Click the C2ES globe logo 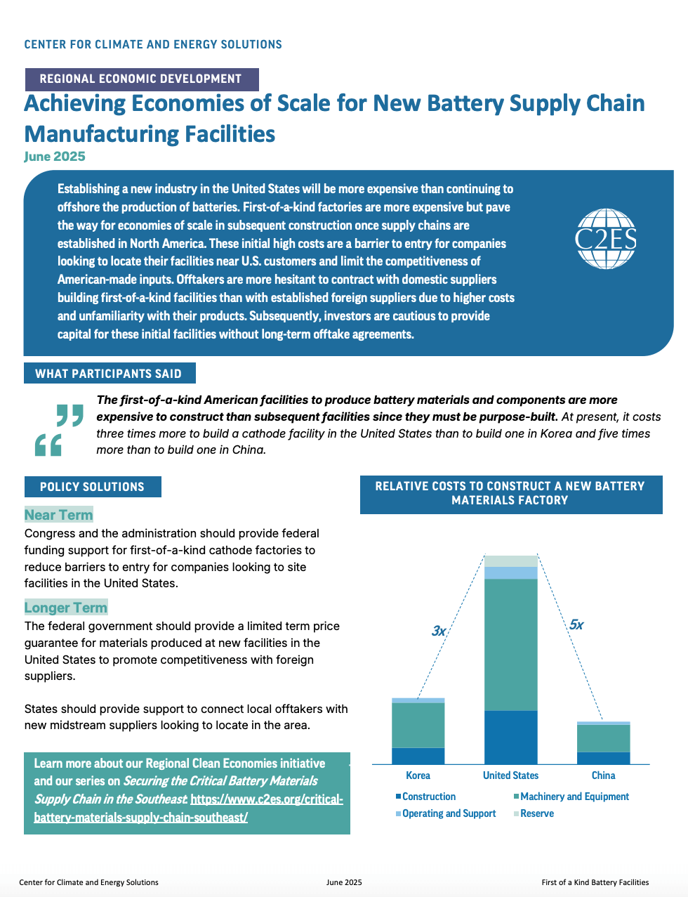[x=605, y=239]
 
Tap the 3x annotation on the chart [x=439, y=631]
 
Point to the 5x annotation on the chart [x=576, y=624]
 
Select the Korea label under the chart [x=418, y=775]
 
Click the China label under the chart [x=603, y=775]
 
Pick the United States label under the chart [x=510, y=775]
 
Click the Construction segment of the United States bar [x=510, y=738]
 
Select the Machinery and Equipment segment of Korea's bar [x=418, y=726]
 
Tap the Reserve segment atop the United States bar [x=510, y=561]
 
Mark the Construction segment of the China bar [x=603, y=758]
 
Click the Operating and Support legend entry [x=446, y=813]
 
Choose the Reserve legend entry [x=534, y=813]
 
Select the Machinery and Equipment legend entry [x=571, y=797]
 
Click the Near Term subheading [x=58, y=515]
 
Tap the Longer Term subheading [x=66, y=607]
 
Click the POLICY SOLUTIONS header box [x=93, y=487]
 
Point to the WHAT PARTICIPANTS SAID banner [x=110, y=373]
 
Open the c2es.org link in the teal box [x=189, y=808]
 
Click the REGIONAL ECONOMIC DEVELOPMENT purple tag [x=142, y=79]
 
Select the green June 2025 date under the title [x=55, y=157]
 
